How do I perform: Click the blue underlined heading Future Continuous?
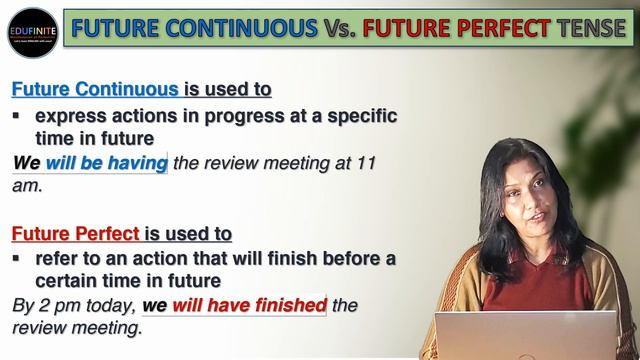click(95, 89)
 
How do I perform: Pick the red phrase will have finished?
click(249, 305)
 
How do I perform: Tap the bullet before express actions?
click(17, 116)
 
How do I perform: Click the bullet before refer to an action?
click(17, 259)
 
